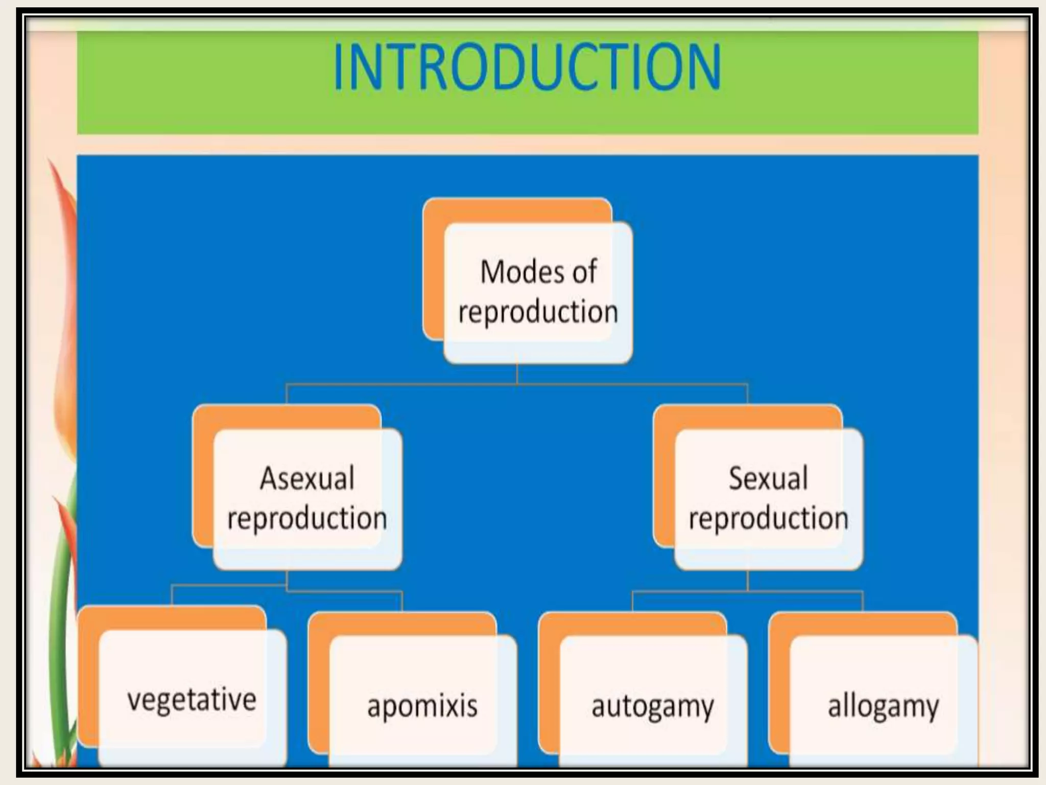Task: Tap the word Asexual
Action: [307, 479]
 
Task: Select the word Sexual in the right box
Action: [768, 479]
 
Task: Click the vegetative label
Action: [192, 700]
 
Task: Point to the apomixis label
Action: [422, 706]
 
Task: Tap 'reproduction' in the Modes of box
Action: [538, 312]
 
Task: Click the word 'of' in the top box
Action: [584, 272]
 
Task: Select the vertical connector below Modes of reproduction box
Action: [517, 373]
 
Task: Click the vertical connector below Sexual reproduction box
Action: [748, 581]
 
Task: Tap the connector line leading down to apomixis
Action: [402, 602]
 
